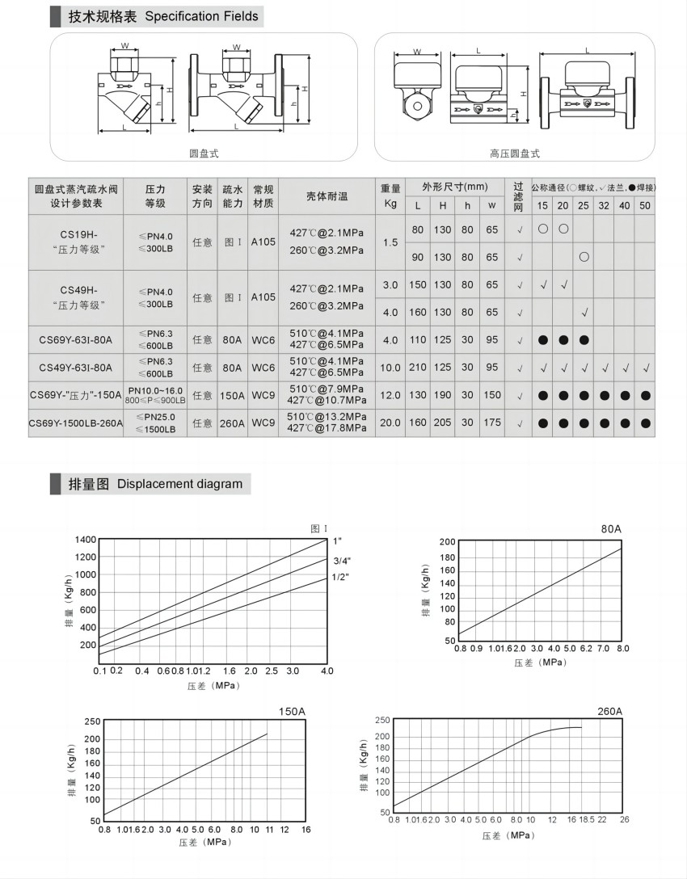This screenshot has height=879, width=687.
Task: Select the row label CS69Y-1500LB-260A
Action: (x=76, y=422)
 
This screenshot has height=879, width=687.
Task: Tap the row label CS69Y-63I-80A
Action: (x=76, y=339)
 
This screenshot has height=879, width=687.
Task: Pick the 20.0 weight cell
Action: (x=390, y=422)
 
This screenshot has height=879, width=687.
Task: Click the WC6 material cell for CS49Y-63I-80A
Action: (x=263, y=368)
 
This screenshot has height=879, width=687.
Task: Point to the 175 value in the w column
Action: (x=492, y=422)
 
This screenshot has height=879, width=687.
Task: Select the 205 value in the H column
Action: (x=443, y=422)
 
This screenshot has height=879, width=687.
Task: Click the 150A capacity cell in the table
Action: (x=232, y=395)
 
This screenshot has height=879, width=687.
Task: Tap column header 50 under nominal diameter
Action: (x=644, y=206)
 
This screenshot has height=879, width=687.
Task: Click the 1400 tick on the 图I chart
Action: (x=85, y=540)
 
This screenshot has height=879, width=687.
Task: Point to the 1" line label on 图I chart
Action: (x=338, y=540)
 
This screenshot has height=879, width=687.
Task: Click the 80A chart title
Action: (x=611, y=528)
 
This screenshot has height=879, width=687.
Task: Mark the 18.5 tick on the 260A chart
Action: (x=586, y=820)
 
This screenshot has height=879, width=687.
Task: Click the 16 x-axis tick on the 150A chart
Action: (x=306, y=830)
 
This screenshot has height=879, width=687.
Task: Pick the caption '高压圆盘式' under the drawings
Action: (x=514, y=153)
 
